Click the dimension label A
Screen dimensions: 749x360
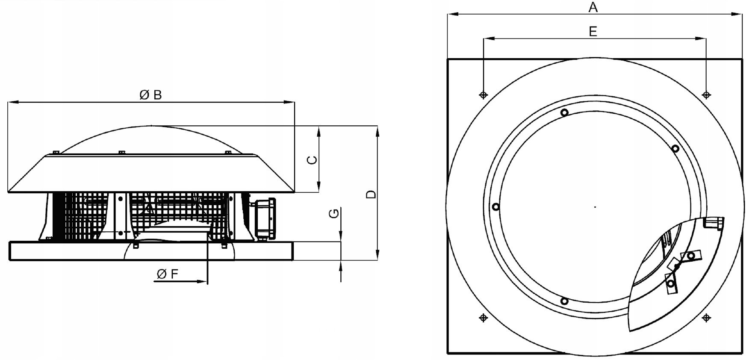pyautogui.click(x=593, y=7)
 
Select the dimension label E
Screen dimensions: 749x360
pyautogui.click(x=593, y=31)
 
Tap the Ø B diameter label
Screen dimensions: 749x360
pyautogui.click(x=151, y=95)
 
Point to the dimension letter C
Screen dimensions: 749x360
pyautogui.click(x=313, y=160)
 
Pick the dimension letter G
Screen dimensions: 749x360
pyautogui.click(x=334, y=213)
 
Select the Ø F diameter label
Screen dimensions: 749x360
pyautogui.click(x=167, y=274)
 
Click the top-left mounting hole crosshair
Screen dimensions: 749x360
pyautogui.click(x=484, y=95)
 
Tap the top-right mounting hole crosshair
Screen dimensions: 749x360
pyautogui.click(x=706, y=95)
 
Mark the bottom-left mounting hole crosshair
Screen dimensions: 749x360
pyautogui.click(x=484, y=318)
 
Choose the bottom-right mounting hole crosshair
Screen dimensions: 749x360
pyautogui.click(x=706, y=318)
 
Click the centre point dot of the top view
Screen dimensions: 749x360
pyautogui.click(x=595, y=207)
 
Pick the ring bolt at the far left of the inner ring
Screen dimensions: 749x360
pyautogui.click(x=496, y=207)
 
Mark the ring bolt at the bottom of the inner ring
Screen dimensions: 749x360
pyautogui.click(x=564, y=301)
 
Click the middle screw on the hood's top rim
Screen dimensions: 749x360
pyautogui.click(x=122, y=152)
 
